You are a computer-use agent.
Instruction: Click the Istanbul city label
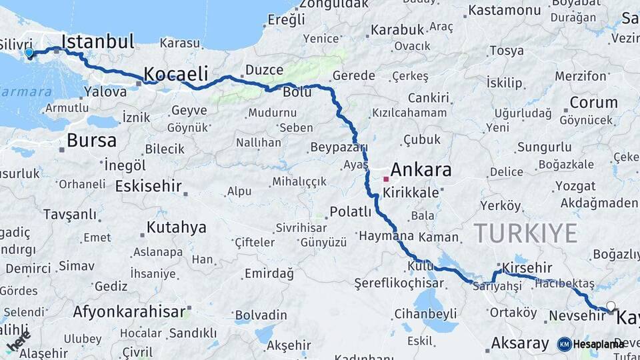point(97,41)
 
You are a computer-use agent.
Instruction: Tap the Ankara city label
point(421,169)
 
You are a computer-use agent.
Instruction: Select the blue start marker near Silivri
point(29,53)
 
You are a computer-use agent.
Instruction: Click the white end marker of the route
point(611,307)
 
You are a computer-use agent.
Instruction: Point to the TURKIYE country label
point(525,233)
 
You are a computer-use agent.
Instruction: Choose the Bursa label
point(91,141)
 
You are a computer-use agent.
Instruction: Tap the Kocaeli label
point(176,73)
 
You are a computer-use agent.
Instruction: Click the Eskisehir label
point(148,186)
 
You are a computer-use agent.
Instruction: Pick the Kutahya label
point(176,228)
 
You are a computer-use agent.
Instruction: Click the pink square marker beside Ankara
point(386,179)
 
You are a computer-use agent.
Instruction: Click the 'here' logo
point(18,341)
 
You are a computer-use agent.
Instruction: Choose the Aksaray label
point(520,343)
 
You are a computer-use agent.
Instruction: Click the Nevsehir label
point(571,315)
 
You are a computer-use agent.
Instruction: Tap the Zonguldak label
point(334,4)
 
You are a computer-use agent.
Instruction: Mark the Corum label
point(593,103)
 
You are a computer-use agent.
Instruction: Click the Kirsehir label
point(527,267)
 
